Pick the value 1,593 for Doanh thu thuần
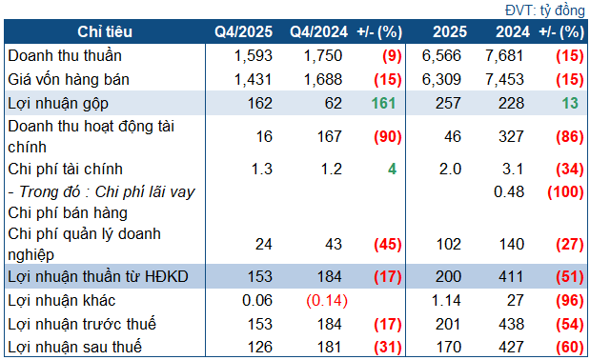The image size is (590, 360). (252, 54)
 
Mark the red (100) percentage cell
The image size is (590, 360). (565, 191)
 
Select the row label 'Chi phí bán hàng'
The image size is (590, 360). (66, 212)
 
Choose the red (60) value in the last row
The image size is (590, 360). (568, 346)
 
